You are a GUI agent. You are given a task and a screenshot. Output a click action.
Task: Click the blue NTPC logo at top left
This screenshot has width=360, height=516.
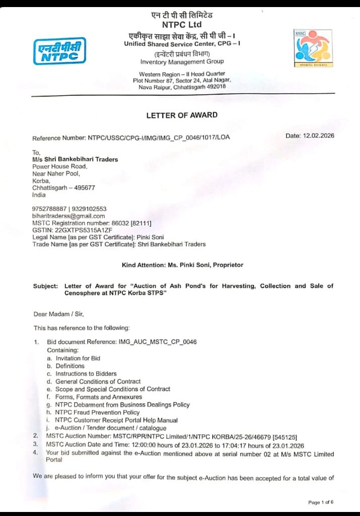[59, 51]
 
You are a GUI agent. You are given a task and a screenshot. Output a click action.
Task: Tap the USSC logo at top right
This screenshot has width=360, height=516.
[313, 48]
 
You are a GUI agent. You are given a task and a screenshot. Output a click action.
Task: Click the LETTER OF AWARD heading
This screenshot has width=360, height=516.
[182, 115]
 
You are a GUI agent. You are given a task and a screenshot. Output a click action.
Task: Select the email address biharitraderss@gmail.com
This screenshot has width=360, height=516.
[68, 216]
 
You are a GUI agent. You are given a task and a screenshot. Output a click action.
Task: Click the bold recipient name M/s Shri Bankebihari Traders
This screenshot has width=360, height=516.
[75, 159]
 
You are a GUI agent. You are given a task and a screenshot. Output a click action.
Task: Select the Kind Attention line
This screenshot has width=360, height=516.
[182, 265]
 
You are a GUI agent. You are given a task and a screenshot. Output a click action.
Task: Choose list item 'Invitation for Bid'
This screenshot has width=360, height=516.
[78, 358]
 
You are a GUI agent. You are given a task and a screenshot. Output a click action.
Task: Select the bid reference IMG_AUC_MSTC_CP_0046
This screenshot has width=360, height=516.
[157, 342]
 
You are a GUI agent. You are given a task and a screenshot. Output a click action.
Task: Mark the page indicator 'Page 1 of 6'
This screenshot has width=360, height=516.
[321, 502]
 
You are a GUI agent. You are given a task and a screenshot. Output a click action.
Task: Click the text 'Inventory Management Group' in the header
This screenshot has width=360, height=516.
[182, 62]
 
